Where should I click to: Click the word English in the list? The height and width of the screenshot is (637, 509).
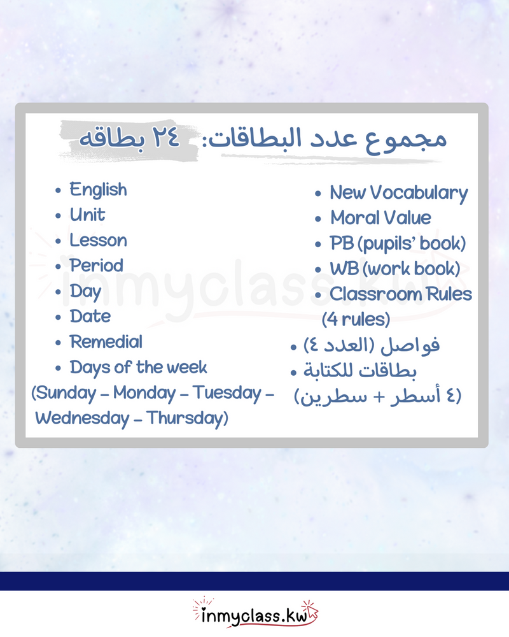coord(98,190)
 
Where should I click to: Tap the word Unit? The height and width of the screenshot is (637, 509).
coord(87,215)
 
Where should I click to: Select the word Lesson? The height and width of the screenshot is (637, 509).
coord(98,241)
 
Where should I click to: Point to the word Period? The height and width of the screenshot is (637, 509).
coord(96,266)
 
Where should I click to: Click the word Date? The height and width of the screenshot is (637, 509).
coord(90,317)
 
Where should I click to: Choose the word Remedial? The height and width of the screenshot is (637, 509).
coord(106,342)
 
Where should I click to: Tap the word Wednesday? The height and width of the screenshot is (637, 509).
coord(83,419)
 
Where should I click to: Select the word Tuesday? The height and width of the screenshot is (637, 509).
coord(227,393)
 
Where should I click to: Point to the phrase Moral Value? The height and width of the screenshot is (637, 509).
coord(380,218)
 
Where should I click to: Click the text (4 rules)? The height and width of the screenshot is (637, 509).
coord(356,318)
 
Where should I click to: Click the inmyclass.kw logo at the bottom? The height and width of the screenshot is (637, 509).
coord(254,614)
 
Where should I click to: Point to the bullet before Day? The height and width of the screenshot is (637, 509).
coord(59,292)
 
